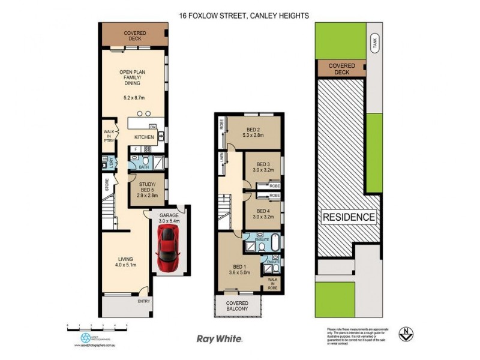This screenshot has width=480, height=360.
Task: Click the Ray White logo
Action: coord(220,339)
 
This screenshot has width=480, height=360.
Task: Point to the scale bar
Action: coord(97,328)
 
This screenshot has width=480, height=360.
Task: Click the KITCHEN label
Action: coord(144,137)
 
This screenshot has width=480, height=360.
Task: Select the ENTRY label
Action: coord(144,301)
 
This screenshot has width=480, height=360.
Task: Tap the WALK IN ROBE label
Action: coord(272,283)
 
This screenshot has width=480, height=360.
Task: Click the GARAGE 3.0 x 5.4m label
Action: coord(170,218)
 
